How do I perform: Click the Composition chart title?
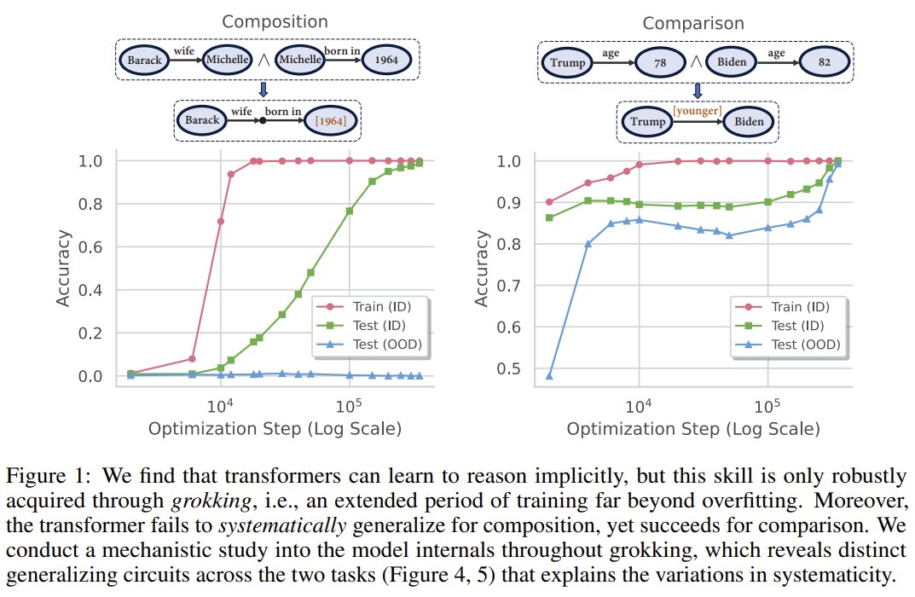point(269,23)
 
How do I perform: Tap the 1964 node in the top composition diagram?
point(388,61)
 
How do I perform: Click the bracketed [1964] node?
point(330,121)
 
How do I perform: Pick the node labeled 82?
point(822,61)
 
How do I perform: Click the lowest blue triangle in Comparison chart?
point(548,376)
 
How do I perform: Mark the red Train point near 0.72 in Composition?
point(220,221)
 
